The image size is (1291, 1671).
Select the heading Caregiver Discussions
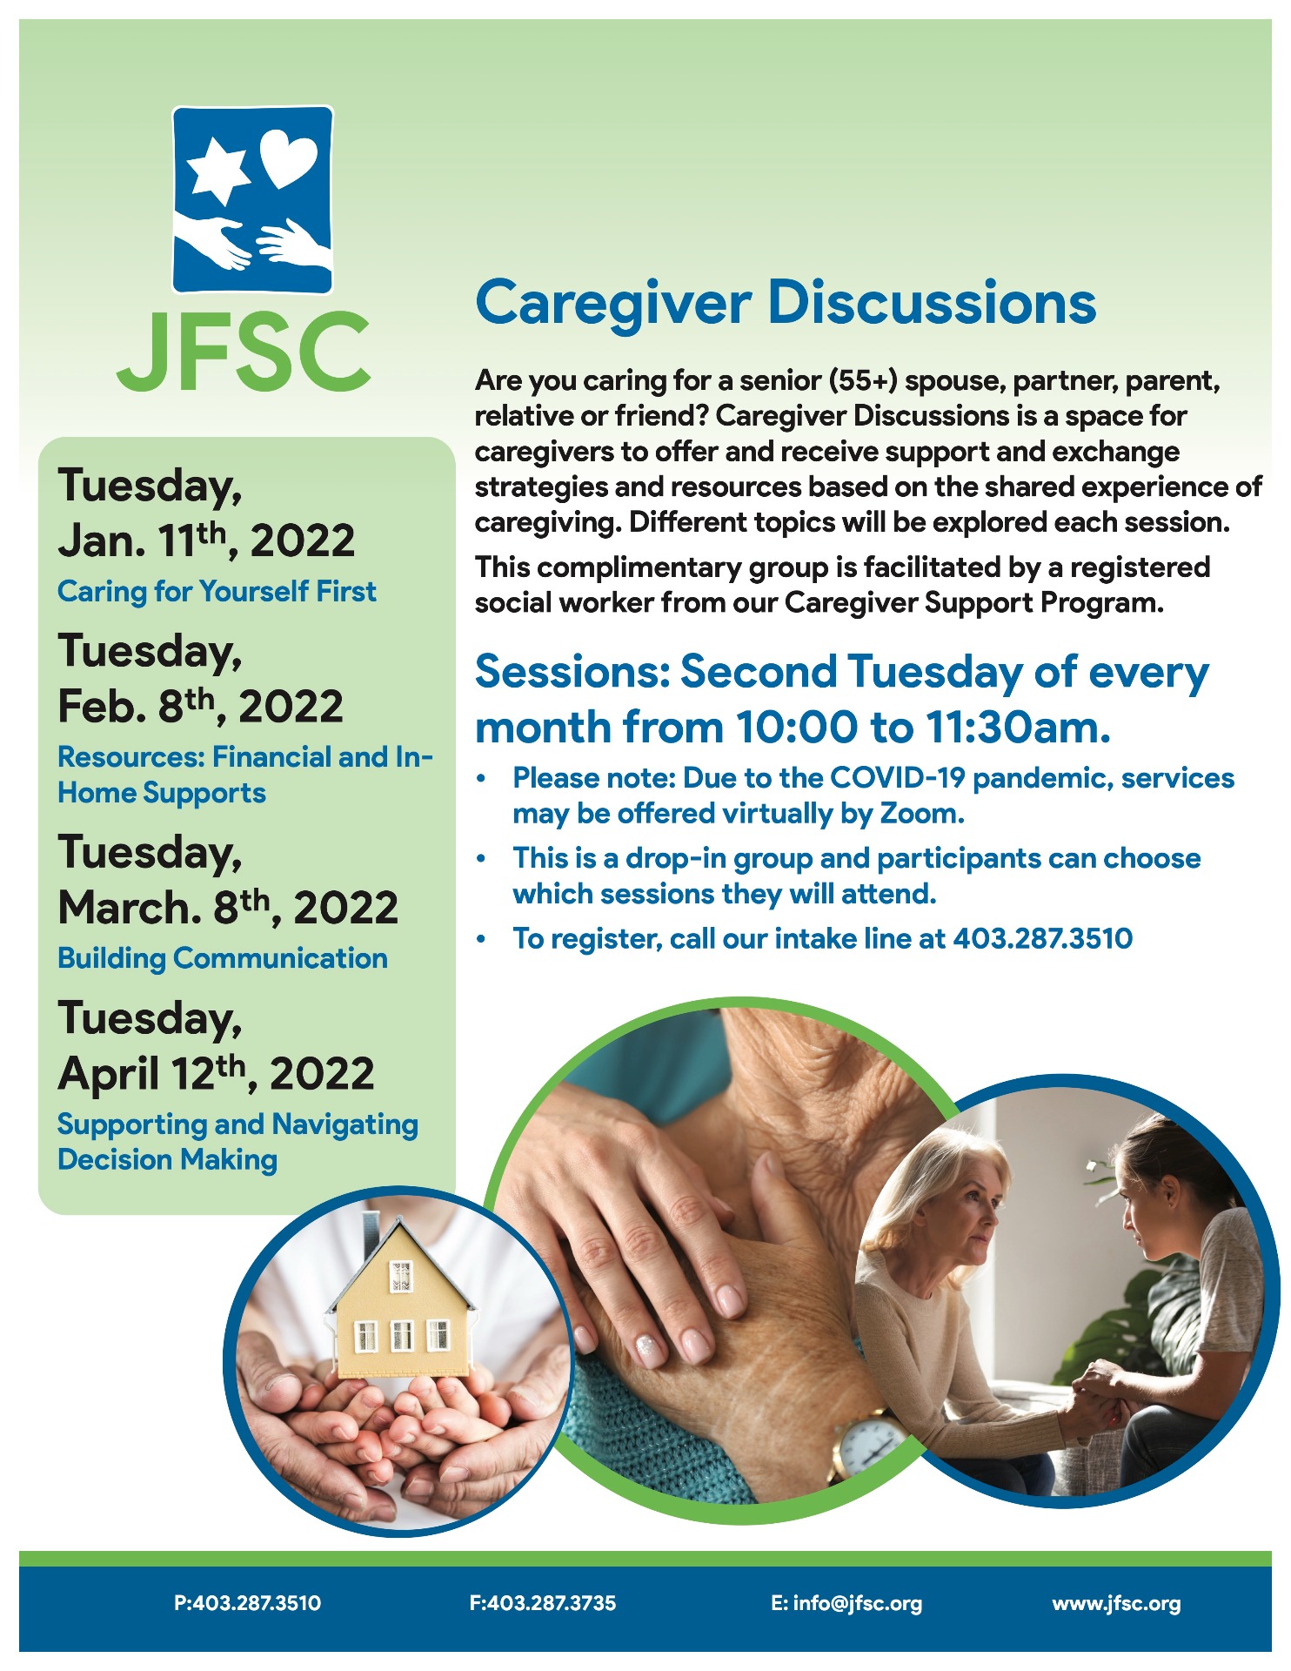(786, 303)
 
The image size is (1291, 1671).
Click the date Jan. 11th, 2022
(206, 540)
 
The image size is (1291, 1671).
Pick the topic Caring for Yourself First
(217, 592)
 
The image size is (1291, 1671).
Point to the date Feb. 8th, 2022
(200, 706)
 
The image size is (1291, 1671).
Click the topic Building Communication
(223, 958)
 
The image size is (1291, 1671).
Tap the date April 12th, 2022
(216, 1073)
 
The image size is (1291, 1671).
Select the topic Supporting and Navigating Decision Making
(237, 1142)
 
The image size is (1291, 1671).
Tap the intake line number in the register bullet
(1042, 938)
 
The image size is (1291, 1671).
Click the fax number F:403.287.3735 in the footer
(543, 1603)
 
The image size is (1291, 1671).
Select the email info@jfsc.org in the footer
(846, 1603)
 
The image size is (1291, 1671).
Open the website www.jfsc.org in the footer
(1116, 1603)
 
